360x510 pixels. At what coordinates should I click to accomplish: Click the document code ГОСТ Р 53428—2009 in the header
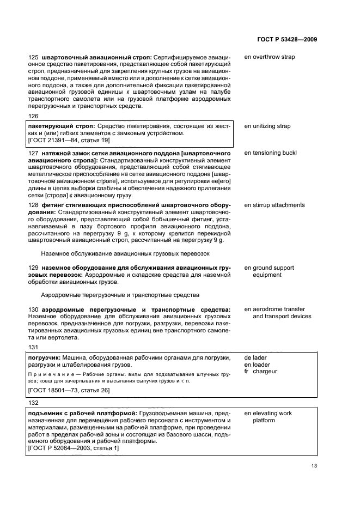point(286,39)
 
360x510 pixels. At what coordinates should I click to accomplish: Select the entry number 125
point(32,57)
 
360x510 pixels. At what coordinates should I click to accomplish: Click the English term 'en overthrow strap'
point(270,57)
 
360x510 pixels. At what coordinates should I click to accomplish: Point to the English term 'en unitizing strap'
point(267,126)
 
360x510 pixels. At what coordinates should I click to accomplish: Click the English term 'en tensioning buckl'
point(270,153)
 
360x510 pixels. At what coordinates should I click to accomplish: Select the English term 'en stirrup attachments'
point(274,205)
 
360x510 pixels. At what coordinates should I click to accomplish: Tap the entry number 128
point(32,205)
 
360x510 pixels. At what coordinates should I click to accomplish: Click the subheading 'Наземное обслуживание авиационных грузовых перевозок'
point(125,254)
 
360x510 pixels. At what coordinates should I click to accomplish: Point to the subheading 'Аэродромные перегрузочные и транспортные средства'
point(120,295)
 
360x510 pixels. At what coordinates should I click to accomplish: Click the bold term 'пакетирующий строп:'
point(61,126)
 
